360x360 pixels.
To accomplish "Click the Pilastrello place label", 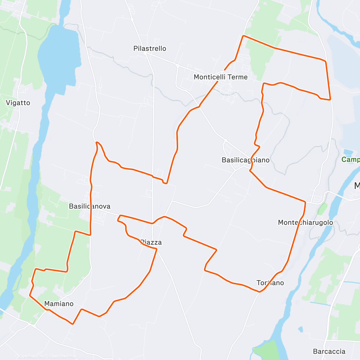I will [150, 49].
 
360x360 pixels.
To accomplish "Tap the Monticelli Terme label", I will [220, 77].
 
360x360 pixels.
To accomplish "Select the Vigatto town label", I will [18, 103].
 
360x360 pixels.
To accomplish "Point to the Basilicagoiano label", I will [245, 160].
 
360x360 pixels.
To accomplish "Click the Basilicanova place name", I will [89, 206].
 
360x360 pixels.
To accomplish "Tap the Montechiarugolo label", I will [305, 223].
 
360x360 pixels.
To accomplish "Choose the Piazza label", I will [151, 242].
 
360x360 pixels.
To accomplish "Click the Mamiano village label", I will [59, 304].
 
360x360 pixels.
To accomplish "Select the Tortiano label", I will [270, 283].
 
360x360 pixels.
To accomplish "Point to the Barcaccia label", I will [329, 352].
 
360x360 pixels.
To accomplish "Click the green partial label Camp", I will [350, 160].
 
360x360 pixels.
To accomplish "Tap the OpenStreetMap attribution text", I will [63, 356].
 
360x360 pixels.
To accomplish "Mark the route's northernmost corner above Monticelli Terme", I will [243, 36].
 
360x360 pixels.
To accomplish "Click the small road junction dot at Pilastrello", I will [145, 53].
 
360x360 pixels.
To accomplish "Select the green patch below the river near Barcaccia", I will [266, 349].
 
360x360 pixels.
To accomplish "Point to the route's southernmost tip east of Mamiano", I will [72, 324].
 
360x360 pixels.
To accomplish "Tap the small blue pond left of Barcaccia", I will [300, 329].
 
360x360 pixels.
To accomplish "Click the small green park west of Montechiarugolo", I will [322, 209].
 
